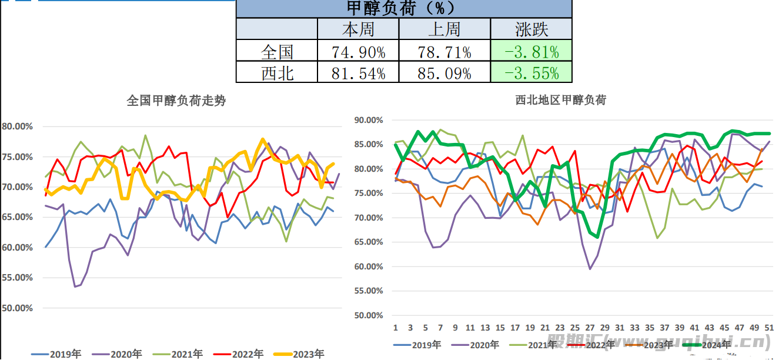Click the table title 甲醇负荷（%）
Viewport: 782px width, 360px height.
(403, 8)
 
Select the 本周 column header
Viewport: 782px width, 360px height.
(357, 29)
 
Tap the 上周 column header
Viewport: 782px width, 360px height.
(444, 29)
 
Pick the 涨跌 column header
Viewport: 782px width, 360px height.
(531, 29)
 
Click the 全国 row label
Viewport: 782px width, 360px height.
(277, 52)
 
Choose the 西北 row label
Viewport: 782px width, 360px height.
(277, 73)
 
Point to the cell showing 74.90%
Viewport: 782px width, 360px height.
(358, 52)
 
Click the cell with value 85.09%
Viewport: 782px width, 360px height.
(444, 73)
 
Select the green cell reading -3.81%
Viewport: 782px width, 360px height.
(531, 52)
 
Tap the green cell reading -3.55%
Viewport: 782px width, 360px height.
(531, 73)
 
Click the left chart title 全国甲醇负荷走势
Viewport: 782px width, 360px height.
(176, 101)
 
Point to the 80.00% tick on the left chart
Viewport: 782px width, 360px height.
(18, 126)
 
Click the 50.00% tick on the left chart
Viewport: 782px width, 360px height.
(18, 308)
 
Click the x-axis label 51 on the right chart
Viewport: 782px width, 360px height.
(769, 328)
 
